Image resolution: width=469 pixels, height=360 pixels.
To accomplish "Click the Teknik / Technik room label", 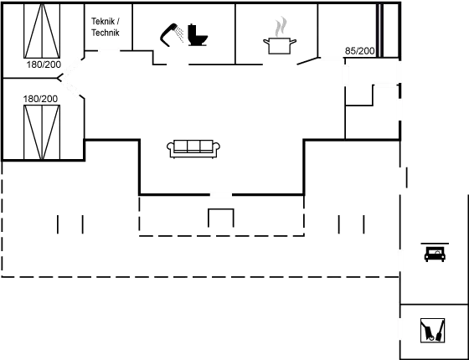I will coord(105,27).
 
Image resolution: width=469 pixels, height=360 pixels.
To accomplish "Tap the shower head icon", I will coord(173,33).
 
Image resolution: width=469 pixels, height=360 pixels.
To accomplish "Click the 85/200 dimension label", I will coord(358,51).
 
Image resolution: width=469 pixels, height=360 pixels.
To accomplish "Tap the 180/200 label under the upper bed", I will coord(41,63).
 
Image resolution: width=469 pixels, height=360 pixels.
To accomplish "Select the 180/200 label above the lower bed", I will coord(41,98).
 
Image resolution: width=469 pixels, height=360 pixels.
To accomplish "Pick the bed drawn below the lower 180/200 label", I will coord(42,131).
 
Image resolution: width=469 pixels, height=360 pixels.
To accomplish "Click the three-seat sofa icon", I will coord(194,148).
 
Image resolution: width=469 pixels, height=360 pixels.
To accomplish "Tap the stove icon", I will coord(434,253).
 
